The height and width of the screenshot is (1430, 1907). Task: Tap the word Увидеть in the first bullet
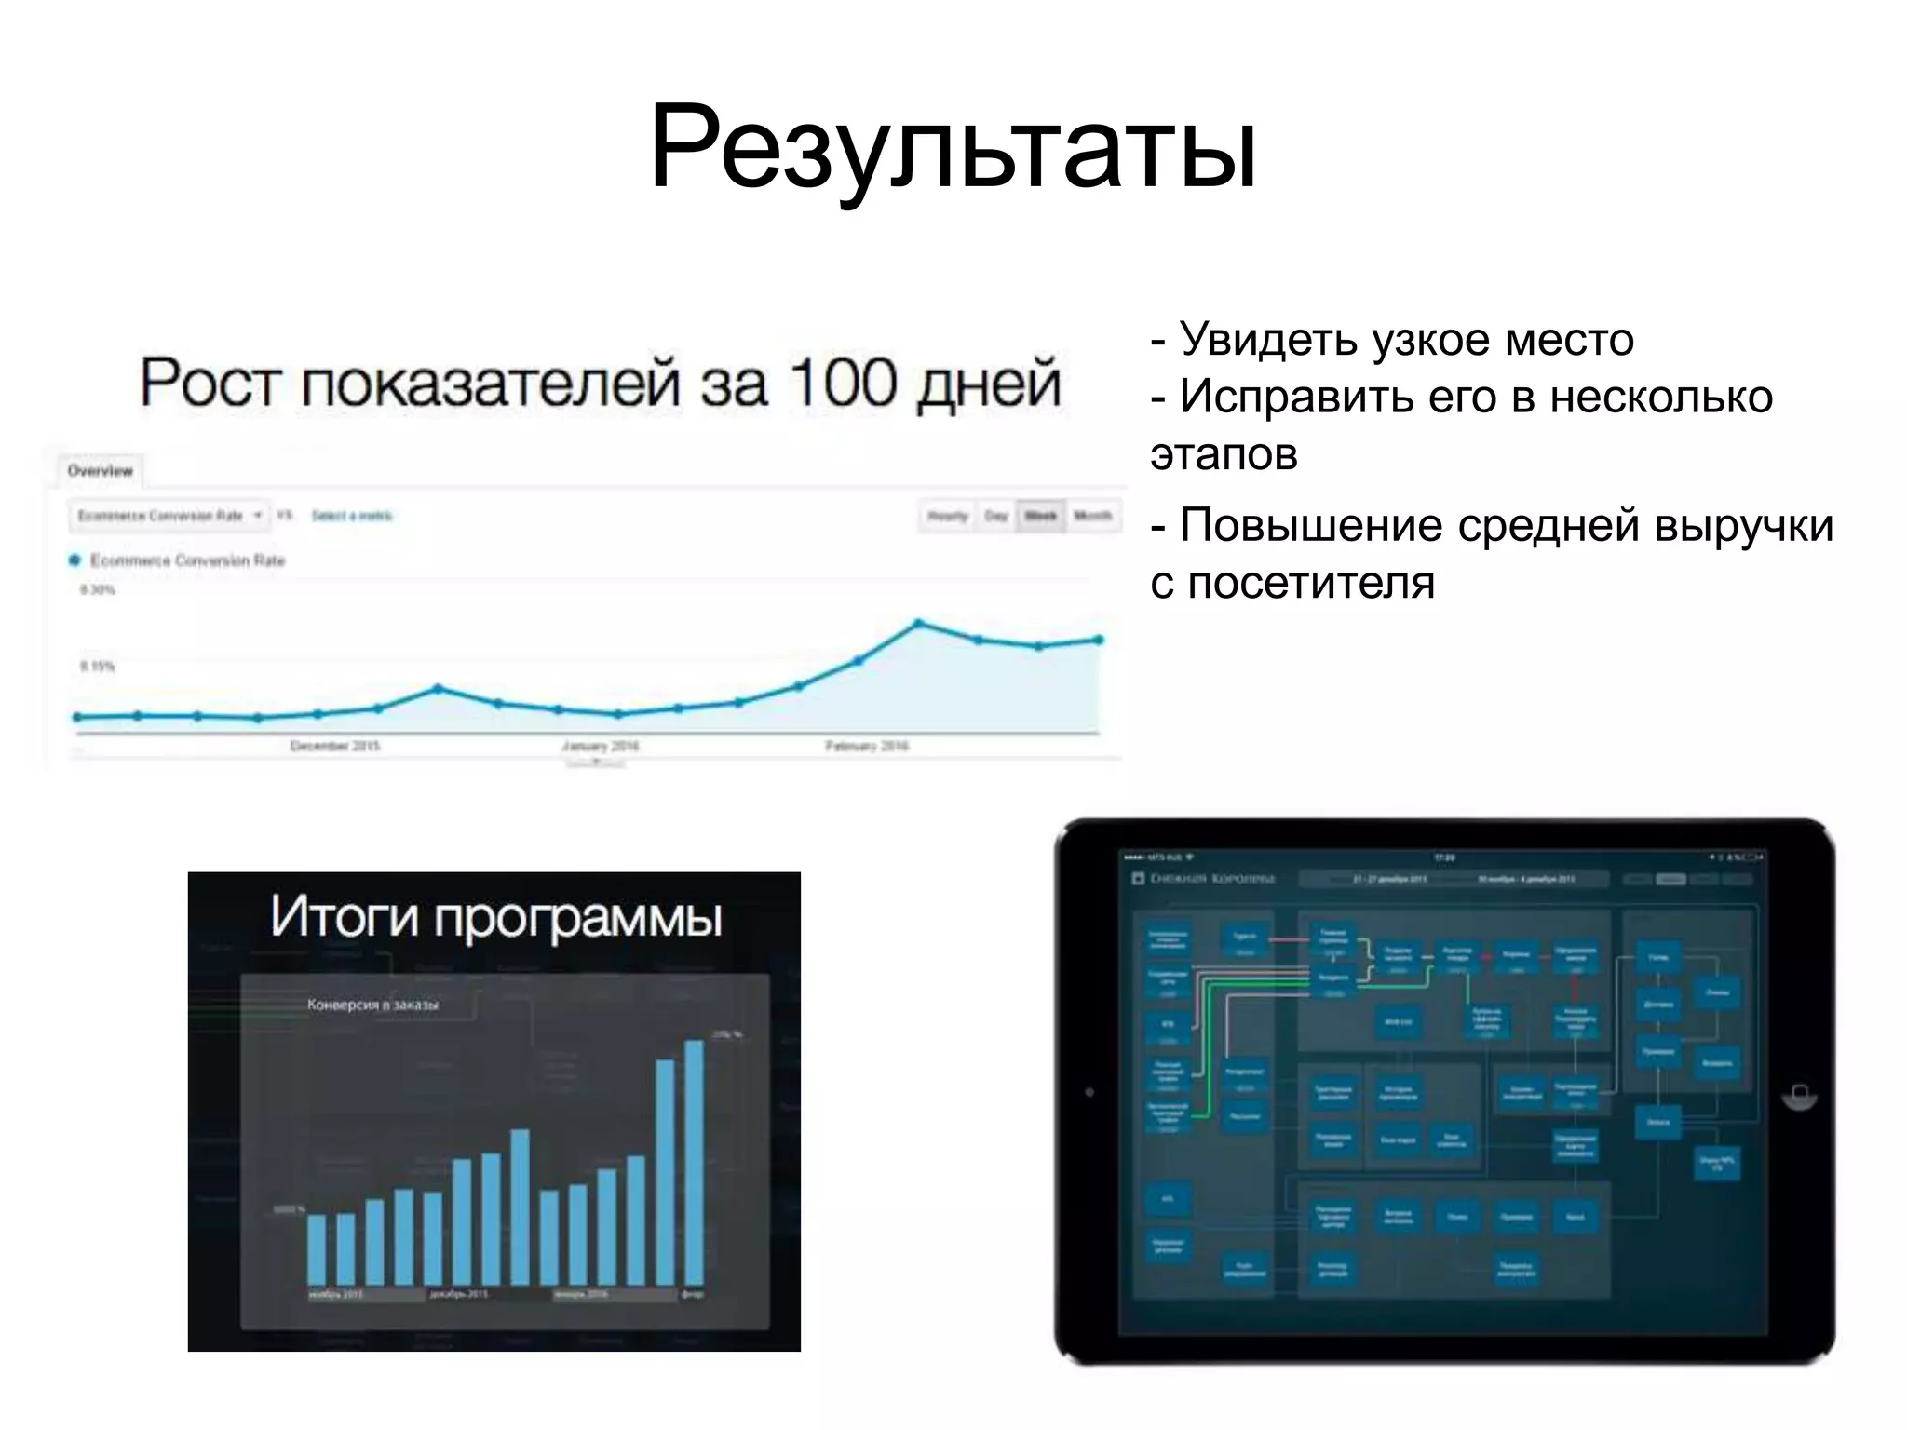click(1266, 340)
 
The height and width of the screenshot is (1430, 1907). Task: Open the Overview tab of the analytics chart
click(101, 471)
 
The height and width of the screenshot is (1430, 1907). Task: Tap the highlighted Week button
click(1041, 516)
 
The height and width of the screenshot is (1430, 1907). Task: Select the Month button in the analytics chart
click(1092, 516)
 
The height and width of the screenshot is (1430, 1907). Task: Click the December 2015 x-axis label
click(335, 746)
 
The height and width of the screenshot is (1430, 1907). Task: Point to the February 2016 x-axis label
click(867, 746)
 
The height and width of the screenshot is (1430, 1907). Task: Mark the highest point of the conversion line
click(918, 623)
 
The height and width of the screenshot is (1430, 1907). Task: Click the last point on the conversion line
click(1099, 640)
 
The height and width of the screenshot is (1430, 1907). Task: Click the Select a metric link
click(352, 516)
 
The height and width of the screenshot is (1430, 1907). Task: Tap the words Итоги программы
click(495, 917)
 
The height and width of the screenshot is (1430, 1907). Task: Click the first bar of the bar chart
click(317, 1249)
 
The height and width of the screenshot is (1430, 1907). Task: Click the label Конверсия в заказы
click(372, 1005)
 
